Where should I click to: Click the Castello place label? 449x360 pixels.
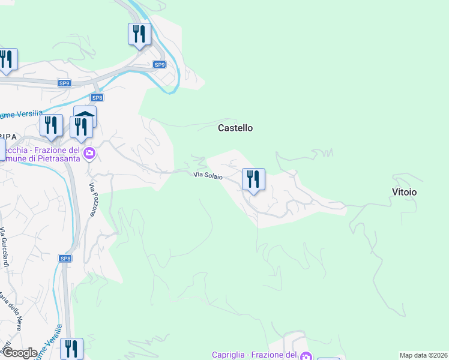(235, 128)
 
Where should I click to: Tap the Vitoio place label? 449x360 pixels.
(404, 192)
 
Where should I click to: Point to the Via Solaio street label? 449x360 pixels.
(208, 176)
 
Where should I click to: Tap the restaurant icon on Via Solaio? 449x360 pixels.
(253, 179)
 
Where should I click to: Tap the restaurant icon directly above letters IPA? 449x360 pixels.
(51, 125)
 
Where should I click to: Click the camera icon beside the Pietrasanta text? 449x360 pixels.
(89, 154)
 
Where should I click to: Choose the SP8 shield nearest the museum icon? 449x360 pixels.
(97, 97)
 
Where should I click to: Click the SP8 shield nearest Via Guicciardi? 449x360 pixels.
(65, 258)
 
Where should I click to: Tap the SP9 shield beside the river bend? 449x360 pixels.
(158, 64)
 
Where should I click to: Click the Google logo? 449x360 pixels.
(19, 352)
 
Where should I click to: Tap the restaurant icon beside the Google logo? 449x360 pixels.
(71, 349)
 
